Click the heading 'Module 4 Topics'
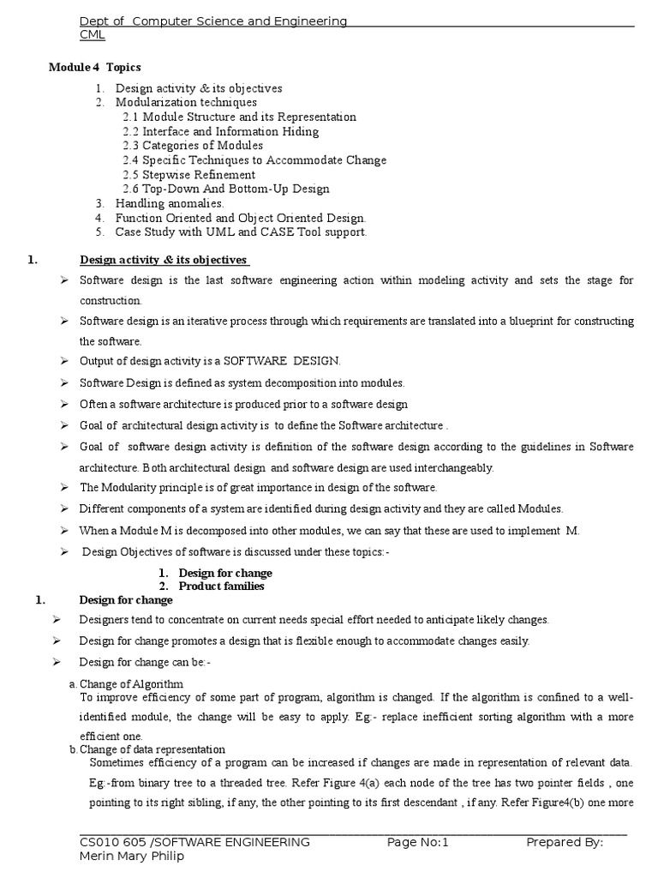click(x=94, y=67)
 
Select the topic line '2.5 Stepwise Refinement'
click(x=188, y=174)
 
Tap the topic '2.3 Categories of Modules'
click(x=193, y=145)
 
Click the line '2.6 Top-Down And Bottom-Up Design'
click(x=225, y=189)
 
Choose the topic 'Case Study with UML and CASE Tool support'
click(x=241, y=232)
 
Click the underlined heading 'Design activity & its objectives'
click(x=164, y=260)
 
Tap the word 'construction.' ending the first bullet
click(x=111, y=301)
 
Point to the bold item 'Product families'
click(x=221, y=586)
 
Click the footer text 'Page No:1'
click(x=417, y=842)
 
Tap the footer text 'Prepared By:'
click(x=565, y=842)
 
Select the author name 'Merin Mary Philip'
click(x=131, y=857)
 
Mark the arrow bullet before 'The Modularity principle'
click(x=64, y=487)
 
